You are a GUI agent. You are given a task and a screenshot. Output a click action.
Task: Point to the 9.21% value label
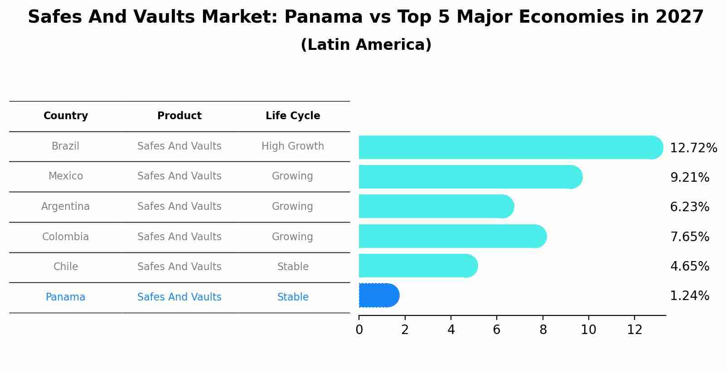(x=689, y=178)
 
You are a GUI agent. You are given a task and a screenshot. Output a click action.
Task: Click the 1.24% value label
(x=689, y=296)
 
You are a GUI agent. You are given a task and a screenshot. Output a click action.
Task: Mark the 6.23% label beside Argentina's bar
(x=689, y=207)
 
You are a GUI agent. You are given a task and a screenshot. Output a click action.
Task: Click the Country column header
(x=66, y=116)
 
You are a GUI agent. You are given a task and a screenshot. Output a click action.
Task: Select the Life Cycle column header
(x=293, y=116)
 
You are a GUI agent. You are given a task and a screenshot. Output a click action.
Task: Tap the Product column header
(x=179, y=116)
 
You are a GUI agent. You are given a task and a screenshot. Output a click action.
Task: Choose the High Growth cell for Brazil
(x=293, y=146)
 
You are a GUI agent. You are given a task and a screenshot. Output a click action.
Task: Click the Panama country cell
(x=66, y=297)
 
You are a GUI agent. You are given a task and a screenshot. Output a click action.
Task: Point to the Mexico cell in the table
(x=66, y=176)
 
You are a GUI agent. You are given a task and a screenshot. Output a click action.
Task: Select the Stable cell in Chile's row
(x=293, y=267)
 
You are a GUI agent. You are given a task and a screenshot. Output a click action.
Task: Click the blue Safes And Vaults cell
(x=179, y=297)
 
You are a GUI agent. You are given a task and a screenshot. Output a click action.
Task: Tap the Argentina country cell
(x=66, y=207)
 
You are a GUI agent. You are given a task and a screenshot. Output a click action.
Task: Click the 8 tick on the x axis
(x=543, y=330)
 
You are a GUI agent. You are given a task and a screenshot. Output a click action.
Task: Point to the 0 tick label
(x=359, y=330)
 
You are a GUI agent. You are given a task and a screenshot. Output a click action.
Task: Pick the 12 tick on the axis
(x=635, y=330)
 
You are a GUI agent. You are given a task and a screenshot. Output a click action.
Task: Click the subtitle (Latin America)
(x=366, y=45)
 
